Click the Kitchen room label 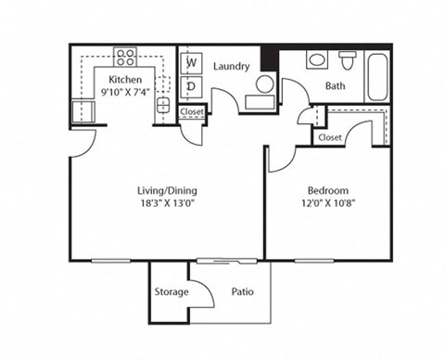coord(125,80)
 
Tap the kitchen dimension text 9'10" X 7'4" coord(125,92)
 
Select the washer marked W coord(192,63)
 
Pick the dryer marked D coord(192,85)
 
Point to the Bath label coord(335,87)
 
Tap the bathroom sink coord(316,60)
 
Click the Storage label coord(171,292)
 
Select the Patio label coord(243,292)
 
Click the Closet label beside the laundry coord(192,112)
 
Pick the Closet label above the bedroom coord(329,137)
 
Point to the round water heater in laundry coord(264,85)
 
